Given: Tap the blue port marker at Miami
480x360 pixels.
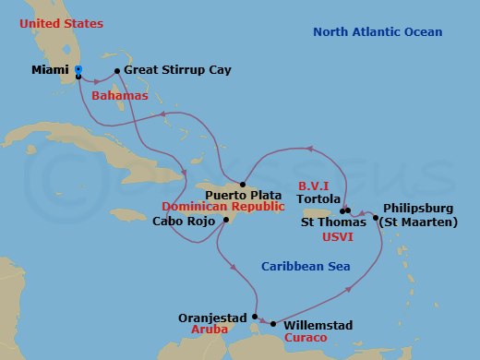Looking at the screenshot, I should pos(78,69).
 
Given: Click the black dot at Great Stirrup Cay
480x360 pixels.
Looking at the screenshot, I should pos(116,70).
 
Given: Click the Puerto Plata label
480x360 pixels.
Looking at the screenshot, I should pos(242,195).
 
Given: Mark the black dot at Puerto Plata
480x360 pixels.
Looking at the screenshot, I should pos(242,184).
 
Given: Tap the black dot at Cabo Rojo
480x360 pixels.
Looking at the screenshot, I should pos(225,221).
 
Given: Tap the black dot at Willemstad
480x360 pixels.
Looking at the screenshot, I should pos(273,323).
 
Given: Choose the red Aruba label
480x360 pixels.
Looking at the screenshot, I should pos(207,329).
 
